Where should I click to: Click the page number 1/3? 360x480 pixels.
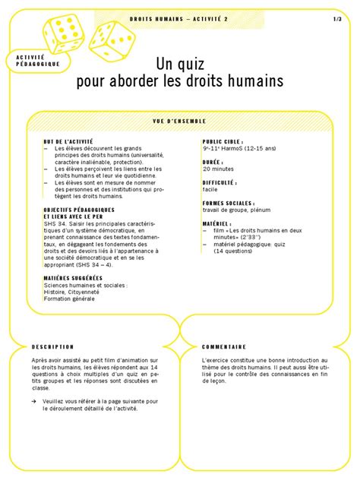(x=337, y=18)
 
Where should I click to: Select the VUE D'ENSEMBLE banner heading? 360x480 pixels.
(x=179, y=121)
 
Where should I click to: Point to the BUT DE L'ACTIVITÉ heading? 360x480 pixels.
(x=68, y=142)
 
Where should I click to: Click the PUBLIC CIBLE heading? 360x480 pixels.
(x=222, y=142)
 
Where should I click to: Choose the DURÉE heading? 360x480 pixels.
(x=212, y=162)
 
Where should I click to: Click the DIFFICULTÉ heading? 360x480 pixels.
(x=219, y=183)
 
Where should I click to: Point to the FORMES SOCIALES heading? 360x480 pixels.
(x=229, y=204)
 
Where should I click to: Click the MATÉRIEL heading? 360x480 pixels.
(x=216, y=224)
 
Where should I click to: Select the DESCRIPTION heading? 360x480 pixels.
(x=52, y=346)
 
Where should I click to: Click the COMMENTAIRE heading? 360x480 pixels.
(x=224, y=346)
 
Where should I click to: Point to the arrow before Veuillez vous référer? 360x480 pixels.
(x=34, y=400)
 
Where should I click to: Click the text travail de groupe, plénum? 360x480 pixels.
(x=238, y=210)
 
